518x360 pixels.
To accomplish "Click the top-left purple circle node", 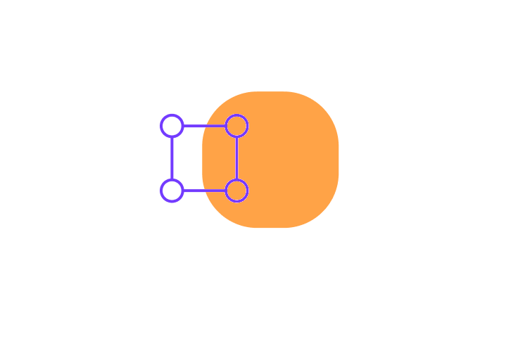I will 172,126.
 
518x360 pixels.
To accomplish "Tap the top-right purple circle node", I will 236,126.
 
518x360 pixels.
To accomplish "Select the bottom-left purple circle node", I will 172,191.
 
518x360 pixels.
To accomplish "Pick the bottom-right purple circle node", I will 236,191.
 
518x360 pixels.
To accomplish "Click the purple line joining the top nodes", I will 204,126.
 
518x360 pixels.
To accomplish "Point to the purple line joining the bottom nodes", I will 204,191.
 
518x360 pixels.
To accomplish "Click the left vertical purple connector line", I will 172,158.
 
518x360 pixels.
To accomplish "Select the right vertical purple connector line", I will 236,158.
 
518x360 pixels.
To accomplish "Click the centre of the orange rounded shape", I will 270,160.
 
